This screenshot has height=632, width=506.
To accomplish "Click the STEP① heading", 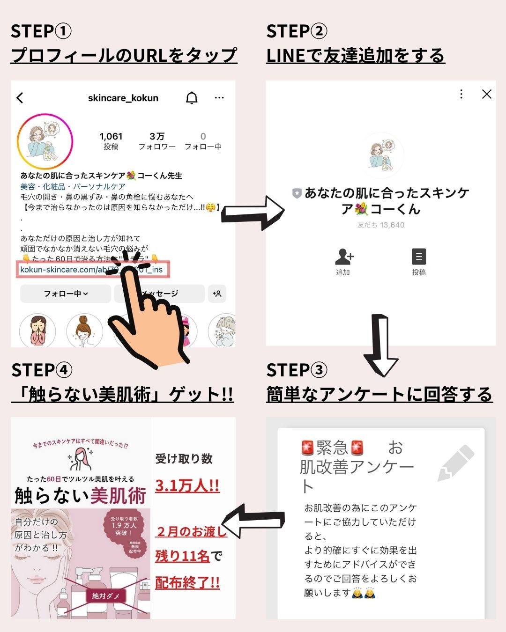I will pyautogui.click(x=41, y=31).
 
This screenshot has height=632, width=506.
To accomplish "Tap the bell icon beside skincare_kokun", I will pyautogui.click(x=192, y=98).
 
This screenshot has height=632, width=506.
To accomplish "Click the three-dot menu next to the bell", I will pyautogui.click(x=219, y=98).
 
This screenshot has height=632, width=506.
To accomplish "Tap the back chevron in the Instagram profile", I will pyautogui.click(x=20, y=98).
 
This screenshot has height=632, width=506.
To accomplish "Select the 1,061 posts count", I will pyautogui.click(x=111, y=140).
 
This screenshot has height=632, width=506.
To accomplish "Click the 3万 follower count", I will pyautogui.click(x=157, y=140).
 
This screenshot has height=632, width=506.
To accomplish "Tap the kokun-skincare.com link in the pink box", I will pyautogui.click(x=91, y=270).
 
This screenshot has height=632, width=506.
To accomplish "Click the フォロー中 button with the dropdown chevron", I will pyautogui.click(x=66, y=294).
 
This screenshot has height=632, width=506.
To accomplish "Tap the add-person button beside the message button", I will pyautogui.click(x=217, y=294).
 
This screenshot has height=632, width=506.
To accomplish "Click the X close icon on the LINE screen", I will pyautogui.click(x=487, y=94).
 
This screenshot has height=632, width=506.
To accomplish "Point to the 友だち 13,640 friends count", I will pyautogui.click(x=380, y=225).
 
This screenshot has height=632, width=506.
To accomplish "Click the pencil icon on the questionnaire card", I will pyautogui.click(x=455, y=463).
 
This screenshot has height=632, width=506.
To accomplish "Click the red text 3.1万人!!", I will pyautogui.click(x=187, y=485).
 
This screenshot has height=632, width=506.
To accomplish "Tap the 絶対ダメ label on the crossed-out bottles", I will pyautogui.click(x=106, y=596).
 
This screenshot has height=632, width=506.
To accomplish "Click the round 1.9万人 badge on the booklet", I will pyautogui.click(x=124, y=529).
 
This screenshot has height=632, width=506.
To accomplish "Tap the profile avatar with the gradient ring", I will pyautogui.click(x=45, y=141).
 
